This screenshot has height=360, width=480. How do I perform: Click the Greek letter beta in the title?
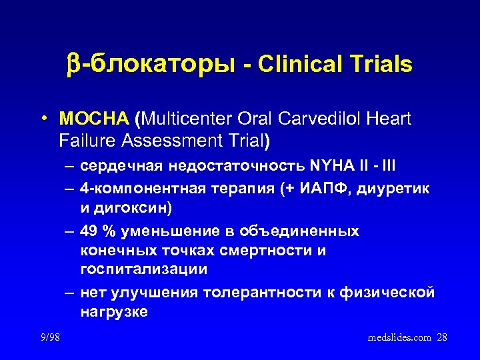point(73,65)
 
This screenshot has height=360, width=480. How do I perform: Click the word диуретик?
point(397,189)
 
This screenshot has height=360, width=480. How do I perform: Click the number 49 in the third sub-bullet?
point(88,231)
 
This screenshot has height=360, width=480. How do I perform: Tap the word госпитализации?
point(143,269)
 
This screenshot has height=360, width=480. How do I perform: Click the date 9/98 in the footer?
point(49,337)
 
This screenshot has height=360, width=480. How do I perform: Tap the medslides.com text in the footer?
point(399,337)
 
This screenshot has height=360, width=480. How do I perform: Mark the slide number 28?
point(441,337)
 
